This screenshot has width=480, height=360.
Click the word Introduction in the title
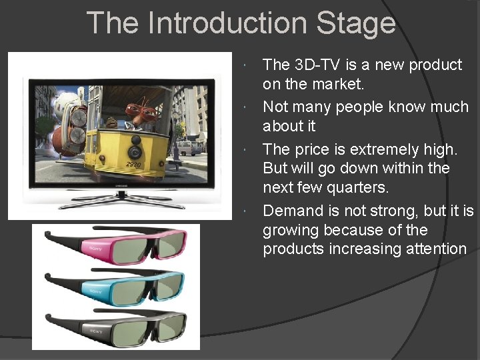coord(228,23)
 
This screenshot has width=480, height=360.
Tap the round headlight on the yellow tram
coord(137,142)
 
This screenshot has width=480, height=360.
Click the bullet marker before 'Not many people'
coord(246,107)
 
